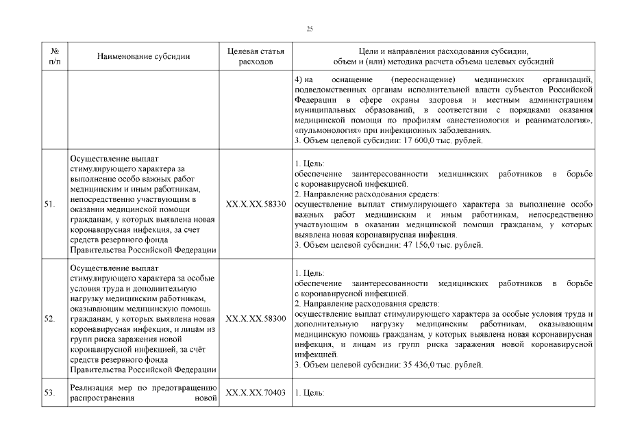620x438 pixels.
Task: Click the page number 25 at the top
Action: point(310,27)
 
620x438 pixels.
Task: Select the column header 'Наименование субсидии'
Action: point(143,56)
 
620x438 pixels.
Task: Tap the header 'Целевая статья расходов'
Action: point(255,56)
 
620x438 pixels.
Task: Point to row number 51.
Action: point(49,204)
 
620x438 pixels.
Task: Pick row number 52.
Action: point(49,319)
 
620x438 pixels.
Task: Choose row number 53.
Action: point(49,393)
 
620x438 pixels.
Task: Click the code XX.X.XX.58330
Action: point(255,204)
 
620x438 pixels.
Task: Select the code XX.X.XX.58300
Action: point(255,319)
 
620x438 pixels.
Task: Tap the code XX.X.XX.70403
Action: point(255,393)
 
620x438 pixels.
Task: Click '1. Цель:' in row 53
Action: point(308,393)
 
